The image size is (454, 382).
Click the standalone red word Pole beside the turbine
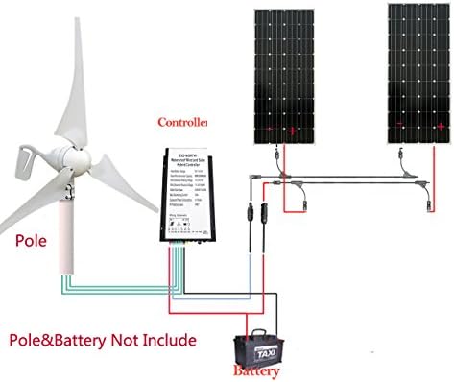(33, 235)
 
